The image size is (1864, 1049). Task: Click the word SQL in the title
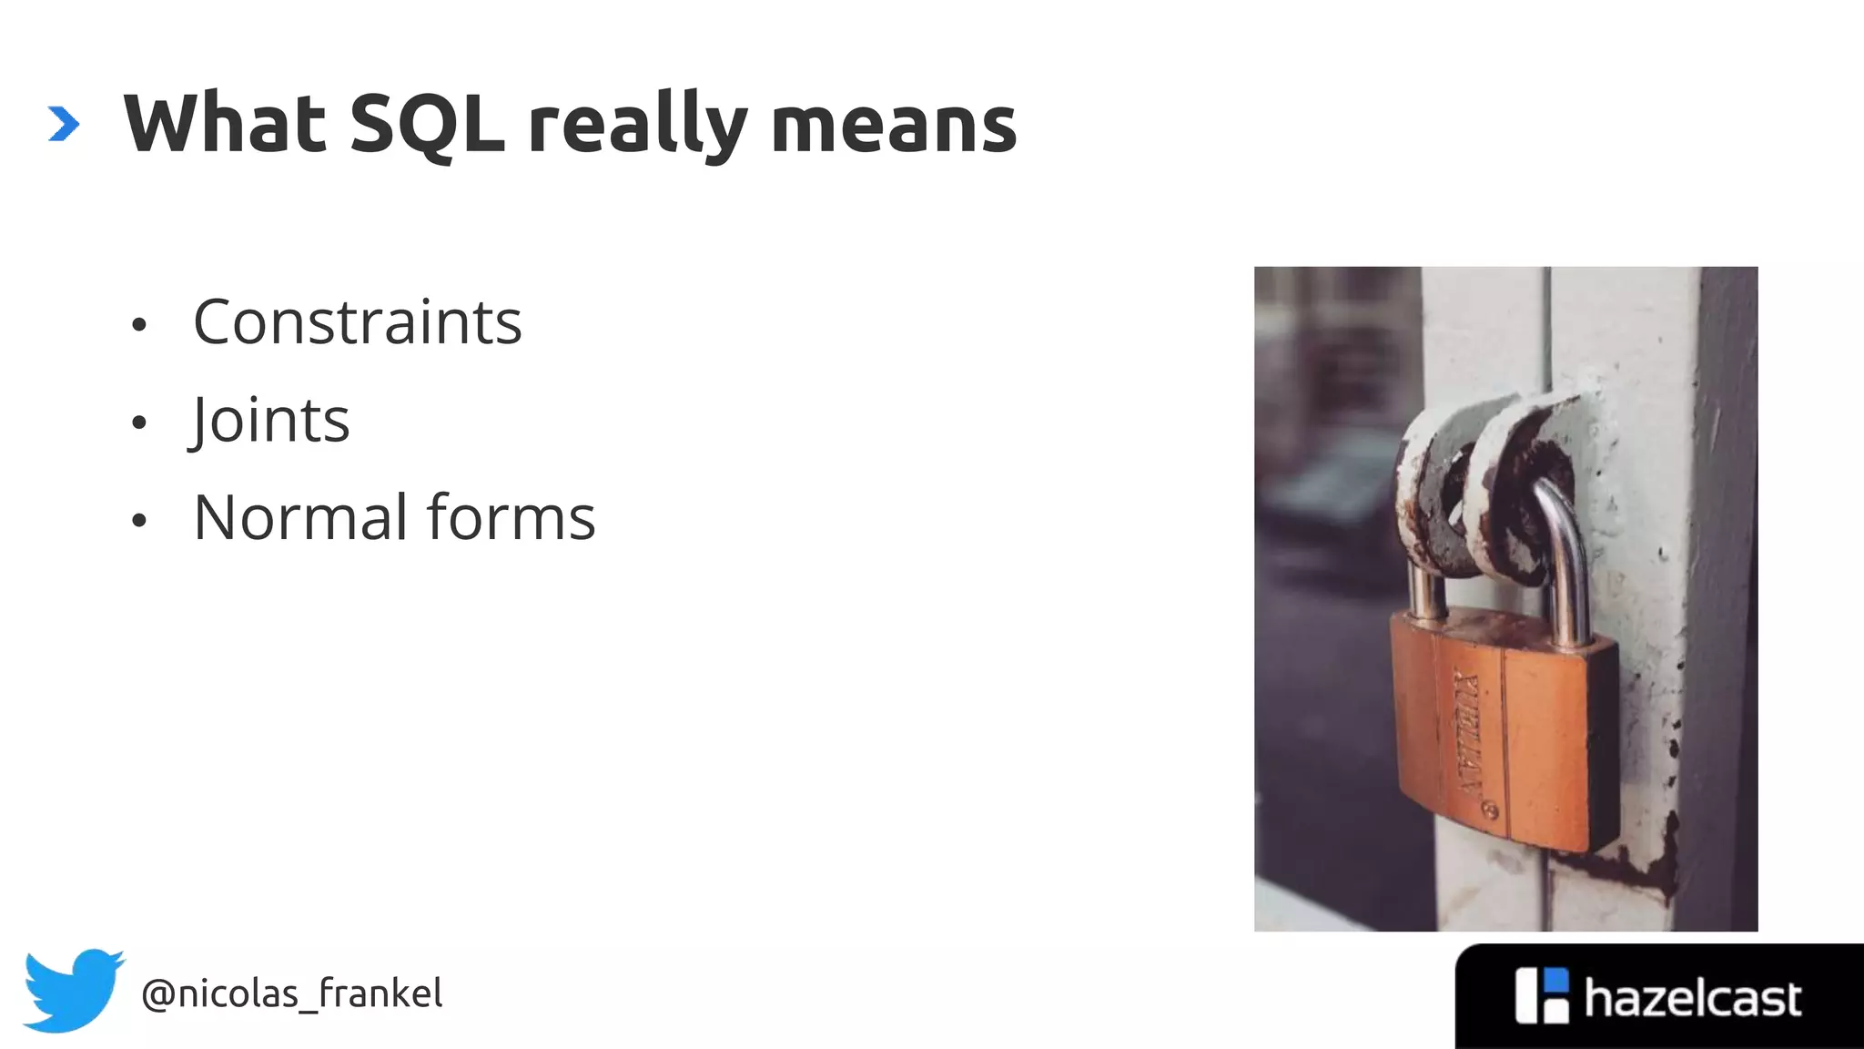tap(426, 125)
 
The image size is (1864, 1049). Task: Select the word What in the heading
tap(225, 125)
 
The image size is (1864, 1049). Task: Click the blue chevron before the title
tap(64, 125)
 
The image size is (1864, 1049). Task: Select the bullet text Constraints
tap(358, 322)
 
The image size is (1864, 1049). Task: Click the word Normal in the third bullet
tap(300, 517)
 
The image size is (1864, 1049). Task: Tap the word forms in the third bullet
tap(511, 517)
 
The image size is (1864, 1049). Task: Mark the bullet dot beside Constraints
tap(138, 325)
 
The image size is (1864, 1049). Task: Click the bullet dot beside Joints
tap(138, 423)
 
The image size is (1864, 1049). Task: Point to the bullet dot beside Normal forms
tap(138, 521)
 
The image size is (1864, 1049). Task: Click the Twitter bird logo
tap(73, 990)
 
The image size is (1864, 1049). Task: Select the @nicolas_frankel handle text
tap(292, 993)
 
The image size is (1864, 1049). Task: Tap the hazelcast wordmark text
tap(1692, 999)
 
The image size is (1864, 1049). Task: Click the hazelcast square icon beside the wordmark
tap(1542, 995)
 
